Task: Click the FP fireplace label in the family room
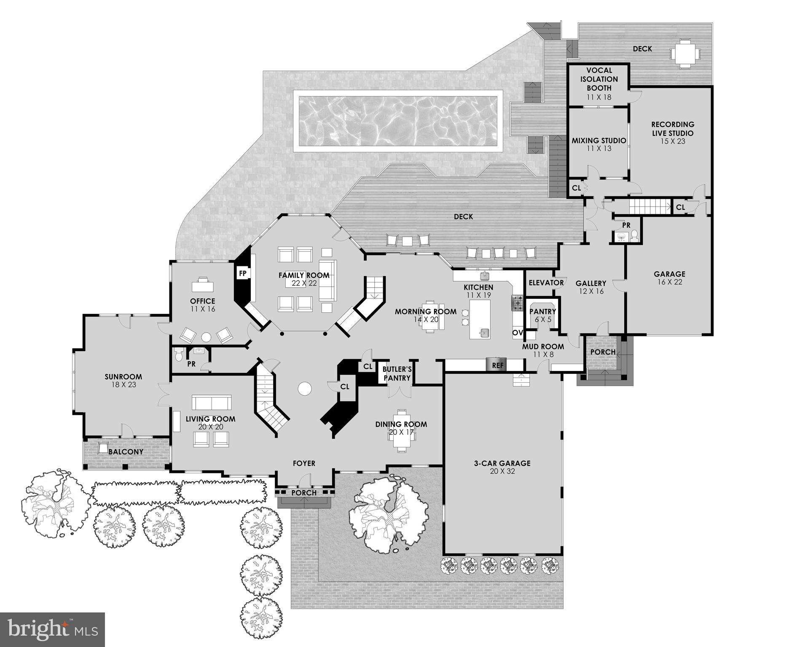(243, 273)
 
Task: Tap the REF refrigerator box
(498, 365)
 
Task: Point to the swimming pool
(398, 121)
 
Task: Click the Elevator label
(546, 283)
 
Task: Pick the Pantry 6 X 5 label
(543, 315)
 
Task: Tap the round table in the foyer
(304, 388)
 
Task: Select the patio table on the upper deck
(686, 54)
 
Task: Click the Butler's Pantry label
(397, 374)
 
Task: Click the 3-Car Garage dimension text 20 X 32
(502, 471)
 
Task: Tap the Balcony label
(126, 452)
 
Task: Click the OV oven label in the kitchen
(518, 333)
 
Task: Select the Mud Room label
(543, 347)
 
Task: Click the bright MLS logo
(52, 629)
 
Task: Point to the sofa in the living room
(212, 403)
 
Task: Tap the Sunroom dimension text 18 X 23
(123, 385)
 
